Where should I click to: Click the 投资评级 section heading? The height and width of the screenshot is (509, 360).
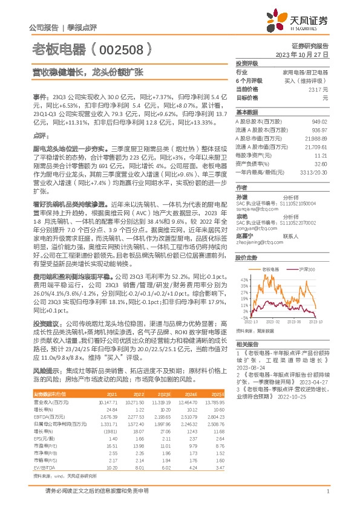point(247,63)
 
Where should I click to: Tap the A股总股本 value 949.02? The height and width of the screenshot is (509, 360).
point(319,122)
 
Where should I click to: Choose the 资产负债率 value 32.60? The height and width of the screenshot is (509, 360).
point(321,163)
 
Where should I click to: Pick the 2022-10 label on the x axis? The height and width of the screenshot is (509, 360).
point(253,322)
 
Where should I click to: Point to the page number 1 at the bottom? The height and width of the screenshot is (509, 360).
point(327,497)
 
